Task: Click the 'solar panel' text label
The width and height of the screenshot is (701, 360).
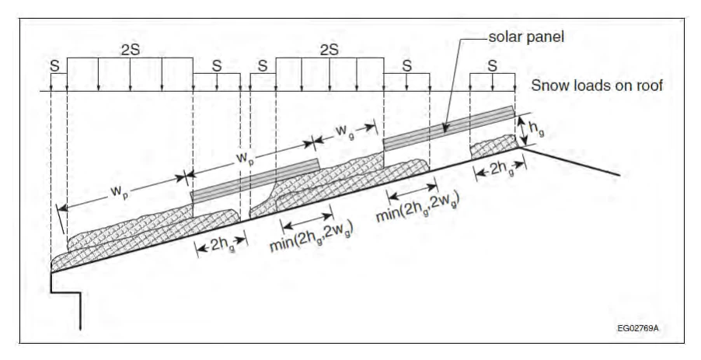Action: pos(526,37)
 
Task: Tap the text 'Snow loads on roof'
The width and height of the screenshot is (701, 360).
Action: pos(596,85)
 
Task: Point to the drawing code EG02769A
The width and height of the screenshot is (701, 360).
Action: pos(637,328)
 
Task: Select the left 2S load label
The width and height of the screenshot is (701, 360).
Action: pos(130,50)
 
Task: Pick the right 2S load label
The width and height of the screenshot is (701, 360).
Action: pos(329,50)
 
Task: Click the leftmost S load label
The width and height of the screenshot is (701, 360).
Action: pos(54,66)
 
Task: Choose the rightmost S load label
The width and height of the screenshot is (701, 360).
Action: pos(492,66)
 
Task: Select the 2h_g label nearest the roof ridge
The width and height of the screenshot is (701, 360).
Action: pos(500,169)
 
